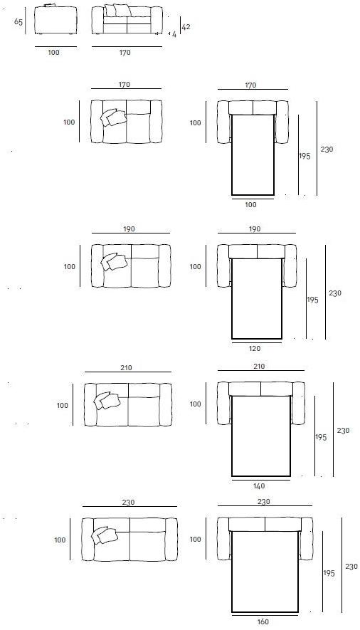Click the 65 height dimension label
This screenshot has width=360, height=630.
(x=18, y=21)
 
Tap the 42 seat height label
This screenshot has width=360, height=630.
(x=186, y=27)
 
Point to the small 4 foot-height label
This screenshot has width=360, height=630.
(x=174, y=35)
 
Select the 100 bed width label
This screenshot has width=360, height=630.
(x=250, y=204)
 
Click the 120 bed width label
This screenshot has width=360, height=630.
(x=255, y=348)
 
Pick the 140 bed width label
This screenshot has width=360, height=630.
(x=259, y=485)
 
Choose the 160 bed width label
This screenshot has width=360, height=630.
(x=263, y=622)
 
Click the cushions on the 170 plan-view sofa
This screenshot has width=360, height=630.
(x=113, y=117)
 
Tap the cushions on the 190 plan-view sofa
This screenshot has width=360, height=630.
(x=114, y=261)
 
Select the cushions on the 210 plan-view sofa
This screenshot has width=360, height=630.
(x=107, y=401)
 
